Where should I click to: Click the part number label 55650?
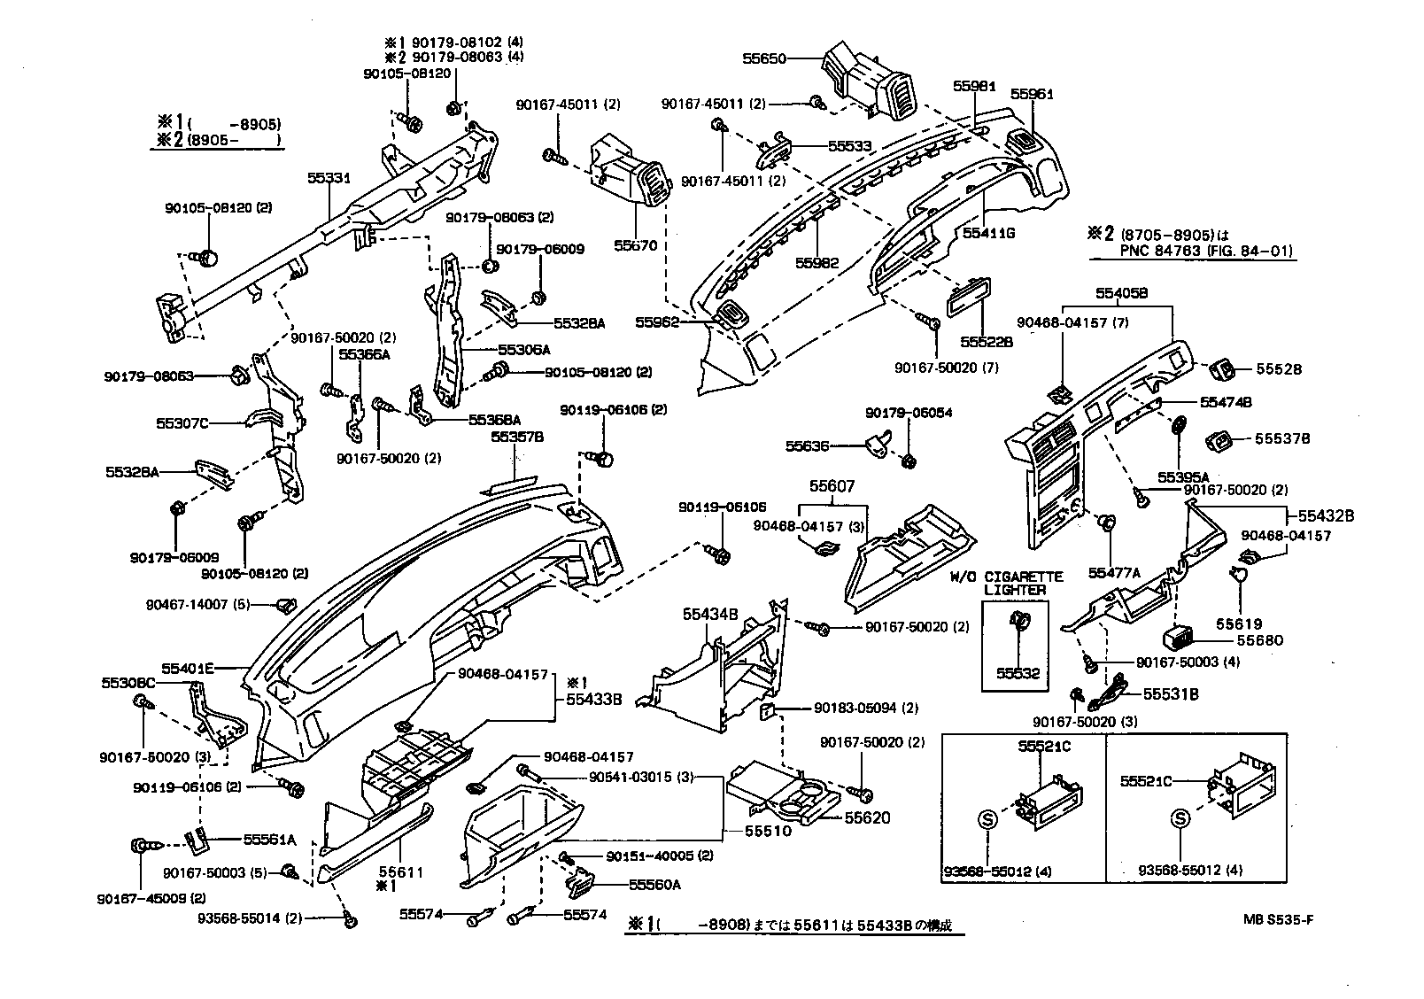[764, 59]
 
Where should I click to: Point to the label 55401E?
[188, 669]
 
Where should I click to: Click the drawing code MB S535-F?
[1277, 918]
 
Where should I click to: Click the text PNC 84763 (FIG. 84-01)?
[1191, 252]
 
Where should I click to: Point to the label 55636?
[807, 446]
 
